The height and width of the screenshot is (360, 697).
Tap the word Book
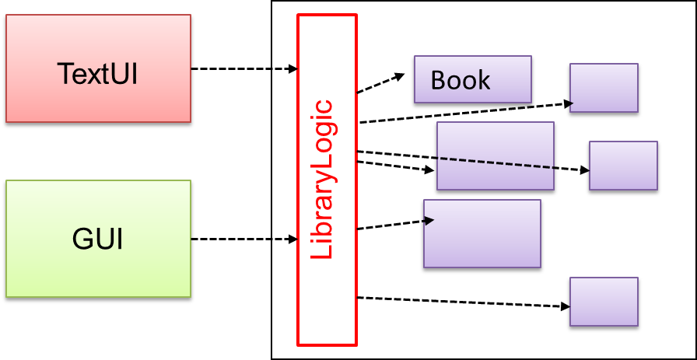(x=461, y=80)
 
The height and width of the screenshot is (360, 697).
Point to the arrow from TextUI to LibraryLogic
(x=241, y=69)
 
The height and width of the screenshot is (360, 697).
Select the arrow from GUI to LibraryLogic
(x=241, y=239)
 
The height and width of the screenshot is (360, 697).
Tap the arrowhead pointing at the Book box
(x=401, y=75)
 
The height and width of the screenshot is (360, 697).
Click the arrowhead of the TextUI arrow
(x=293, y=69)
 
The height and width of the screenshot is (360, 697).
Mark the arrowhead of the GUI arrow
(x=293, y=239)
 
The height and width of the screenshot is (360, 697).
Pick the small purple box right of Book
(x=604, y=89)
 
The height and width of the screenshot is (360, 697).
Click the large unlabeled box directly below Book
(x=496, y=156)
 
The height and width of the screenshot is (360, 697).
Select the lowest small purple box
(x=604, y=302)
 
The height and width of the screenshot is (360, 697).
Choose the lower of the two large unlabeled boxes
(x=482, y=234)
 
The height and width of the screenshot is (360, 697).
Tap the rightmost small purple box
(x=623, y=166)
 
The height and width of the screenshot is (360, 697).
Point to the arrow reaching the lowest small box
(x=459, y=302)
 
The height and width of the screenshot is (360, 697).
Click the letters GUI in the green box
(x=98, y=239)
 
